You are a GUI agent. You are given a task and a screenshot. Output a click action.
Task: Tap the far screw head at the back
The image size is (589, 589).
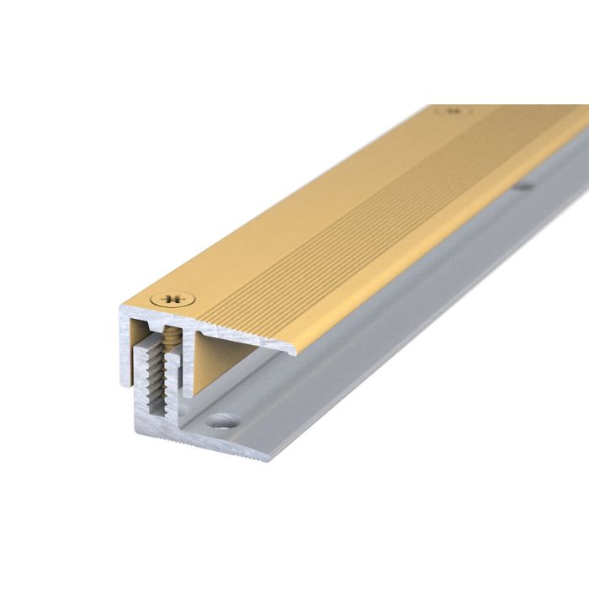tap(453, 110)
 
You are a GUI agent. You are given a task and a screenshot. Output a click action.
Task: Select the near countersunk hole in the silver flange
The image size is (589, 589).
tap(223, 418)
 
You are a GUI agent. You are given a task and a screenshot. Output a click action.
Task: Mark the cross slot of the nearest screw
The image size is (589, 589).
tap(174, 298)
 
